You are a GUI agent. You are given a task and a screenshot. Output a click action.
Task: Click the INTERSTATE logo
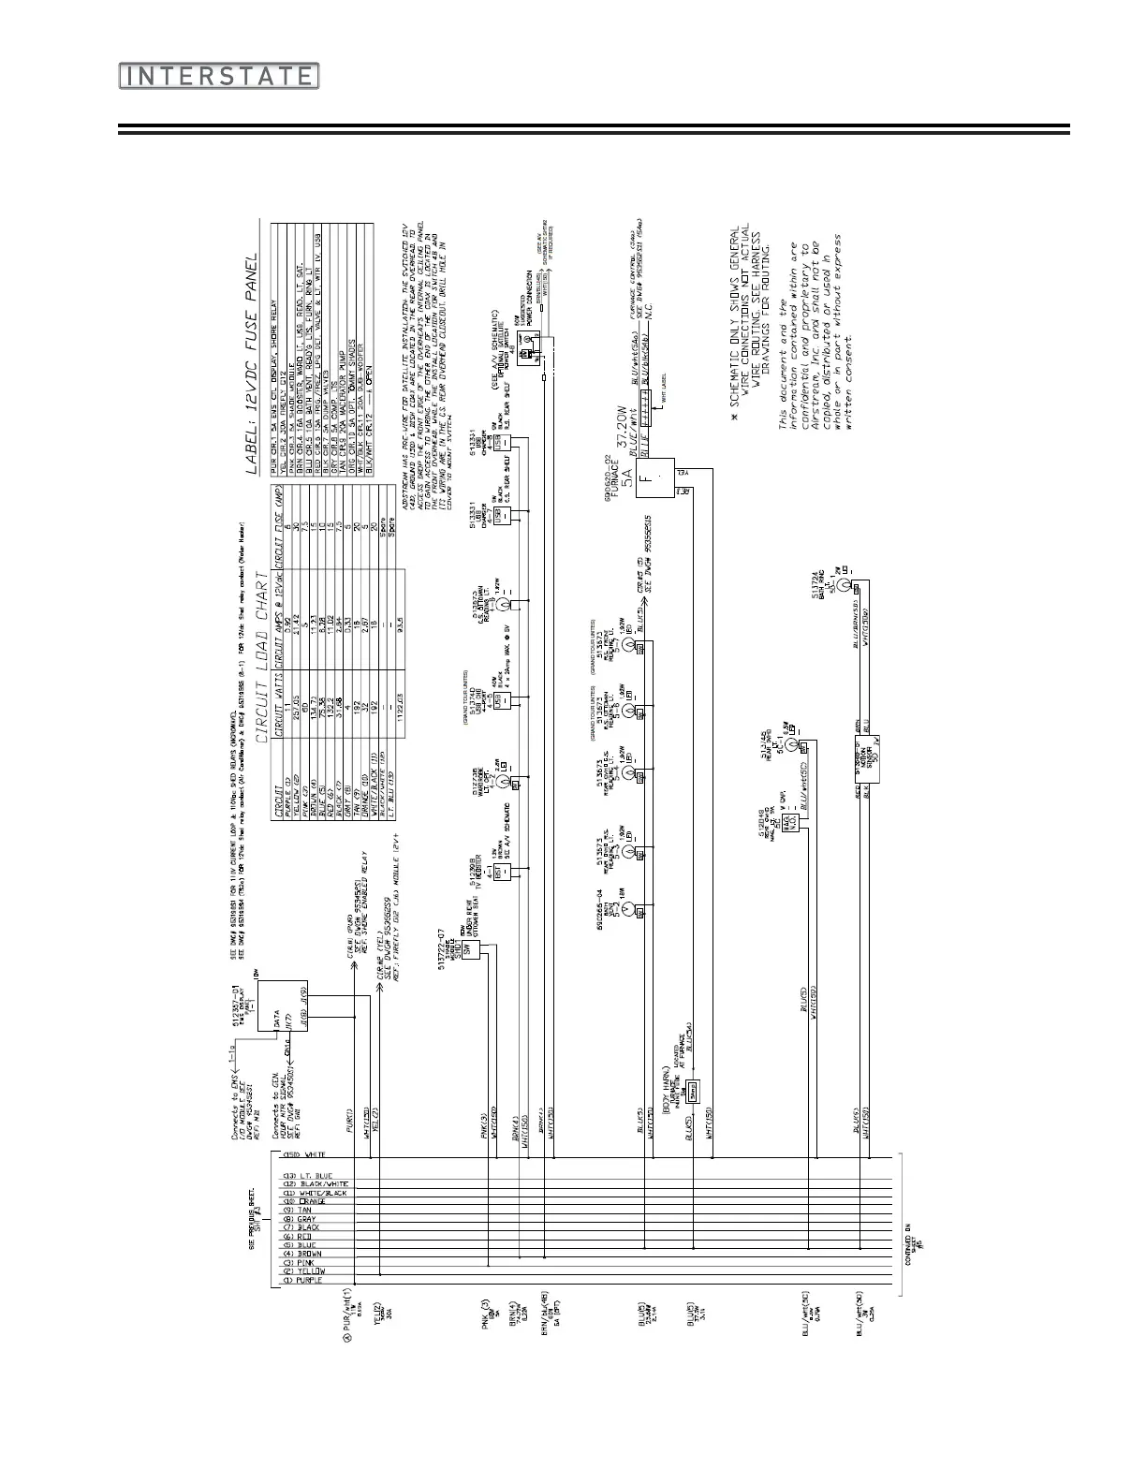pos(219,76)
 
